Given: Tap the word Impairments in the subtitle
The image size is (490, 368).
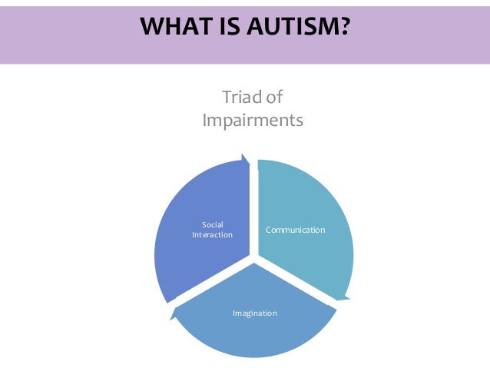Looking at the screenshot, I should click(252, 121).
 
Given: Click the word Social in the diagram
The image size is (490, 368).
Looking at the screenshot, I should click(212, 224).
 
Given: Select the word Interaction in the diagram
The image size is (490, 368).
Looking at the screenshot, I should click(212, 234).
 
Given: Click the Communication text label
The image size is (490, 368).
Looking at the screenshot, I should click(296, 230).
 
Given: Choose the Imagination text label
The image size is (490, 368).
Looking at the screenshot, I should click(255, 313).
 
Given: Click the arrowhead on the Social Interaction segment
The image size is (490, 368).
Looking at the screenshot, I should click(246, 160).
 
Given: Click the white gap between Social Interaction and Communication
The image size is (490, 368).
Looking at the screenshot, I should click(253, 207).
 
